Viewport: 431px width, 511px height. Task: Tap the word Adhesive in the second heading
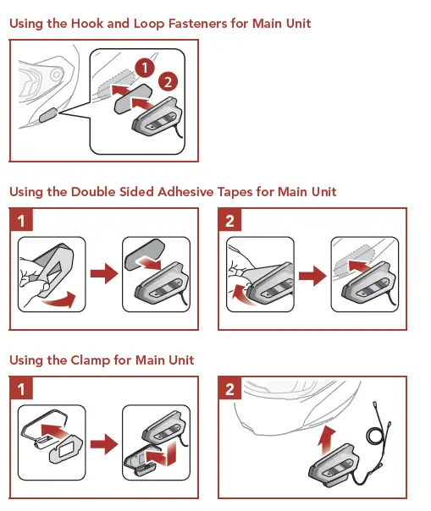tap(185, 192)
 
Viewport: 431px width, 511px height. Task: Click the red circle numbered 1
tap(145, 68)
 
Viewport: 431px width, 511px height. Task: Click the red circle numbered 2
tap(168, 82)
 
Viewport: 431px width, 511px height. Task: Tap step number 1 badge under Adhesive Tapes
tap(21, 220)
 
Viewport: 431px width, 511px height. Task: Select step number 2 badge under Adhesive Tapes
tap(229, 220)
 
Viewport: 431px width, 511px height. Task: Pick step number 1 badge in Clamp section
tap(21, 388)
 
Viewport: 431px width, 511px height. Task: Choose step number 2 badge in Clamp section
tap(229, 388)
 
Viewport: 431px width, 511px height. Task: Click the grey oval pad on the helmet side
tap(48, 115)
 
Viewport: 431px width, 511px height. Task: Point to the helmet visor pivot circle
tap(57, 74)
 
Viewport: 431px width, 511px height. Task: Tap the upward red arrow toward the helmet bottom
tap(327, 441)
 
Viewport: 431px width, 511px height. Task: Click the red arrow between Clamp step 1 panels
tap(104, 443)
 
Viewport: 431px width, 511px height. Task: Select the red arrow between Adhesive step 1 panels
tap(104, 273)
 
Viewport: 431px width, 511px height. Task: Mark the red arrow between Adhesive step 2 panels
tap(312, 276)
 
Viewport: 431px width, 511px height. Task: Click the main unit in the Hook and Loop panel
tap(157, 118)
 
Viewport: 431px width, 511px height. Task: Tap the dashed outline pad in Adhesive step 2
tap(354, 259)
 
